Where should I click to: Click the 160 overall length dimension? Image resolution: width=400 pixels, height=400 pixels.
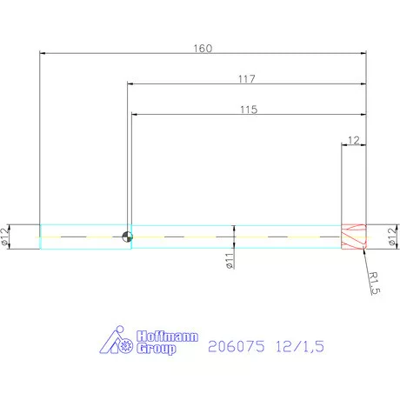(x=202, y=48)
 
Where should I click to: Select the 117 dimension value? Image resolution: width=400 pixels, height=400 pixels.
(x=246, y=78)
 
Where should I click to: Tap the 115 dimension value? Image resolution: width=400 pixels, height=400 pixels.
(x=246, y=110)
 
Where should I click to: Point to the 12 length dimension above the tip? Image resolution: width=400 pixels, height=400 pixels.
(x=353, y=140)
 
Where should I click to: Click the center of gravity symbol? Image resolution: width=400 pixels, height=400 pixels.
(x=128, y=237)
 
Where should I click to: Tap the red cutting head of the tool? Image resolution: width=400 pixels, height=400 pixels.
(x=353, y=237)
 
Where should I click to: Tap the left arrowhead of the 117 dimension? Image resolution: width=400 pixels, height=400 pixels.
(x=133, y=83)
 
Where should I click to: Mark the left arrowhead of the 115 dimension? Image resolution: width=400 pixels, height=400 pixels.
(x=136, y=114)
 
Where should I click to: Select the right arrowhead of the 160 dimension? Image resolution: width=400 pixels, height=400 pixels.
(x=362, y=54)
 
